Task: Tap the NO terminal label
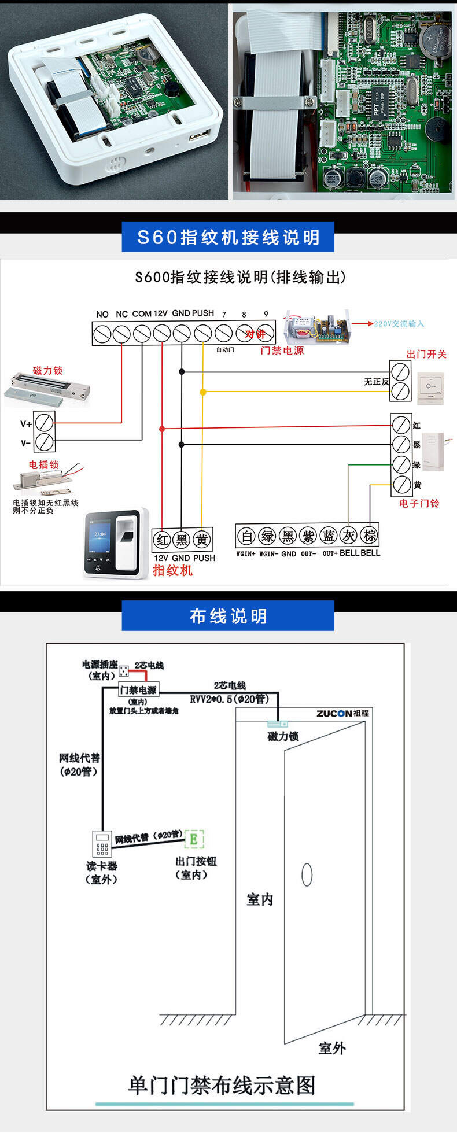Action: coord(102,314)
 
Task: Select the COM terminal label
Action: coord(142,313)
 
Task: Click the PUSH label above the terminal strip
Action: coord(203,313)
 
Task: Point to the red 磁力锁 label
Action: coord(47,370)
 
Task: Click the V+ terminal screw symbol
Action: coord(45,422)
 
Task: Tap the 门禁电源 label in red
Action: coord(282,350)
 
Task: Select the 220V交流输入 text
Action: coord(399,324)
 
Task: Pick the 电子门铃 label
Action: coord(419,503)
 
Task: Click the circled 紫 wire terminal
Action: coord(308,536)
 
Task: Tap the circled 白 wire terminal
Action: coord(247,536)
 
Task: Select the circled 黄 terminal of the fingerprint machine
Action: coord(201,540)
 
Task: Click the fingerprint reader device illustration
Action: coord(116,544)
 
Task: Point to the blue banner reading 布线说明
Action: coord(228,616)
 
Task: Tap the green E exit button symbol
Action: coord(194,839)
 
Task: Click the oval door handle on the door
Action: coord(307,874)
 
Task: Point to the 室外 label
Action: coord(332,1047)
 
